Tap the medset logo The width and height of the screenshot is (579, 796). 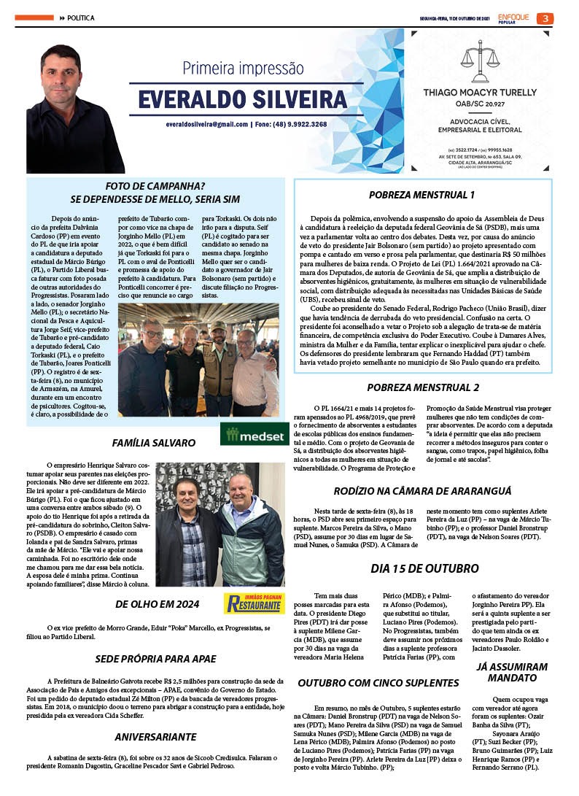[x=253, y=435]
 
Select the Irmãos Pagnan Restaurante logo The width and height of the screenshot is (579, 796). [x=254, y=603]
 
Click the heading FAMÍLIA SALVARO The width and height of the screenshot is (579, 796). [x=154, y=443]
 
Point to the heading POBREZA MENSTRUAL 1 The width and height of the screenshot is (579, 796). [x=422, y=196]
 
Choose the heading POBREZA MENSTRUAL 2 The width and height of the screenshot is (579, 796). [x=423, y=387]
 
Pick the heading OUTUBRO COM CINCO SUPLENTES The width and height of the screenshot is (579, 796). [x=378, y=683]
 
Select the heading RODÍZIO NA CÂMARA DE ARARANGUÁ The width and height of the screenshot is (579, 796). [x=423, y=491]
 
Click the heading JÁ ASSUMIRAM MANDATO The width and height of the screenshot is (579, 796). [x=511, y=672]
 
